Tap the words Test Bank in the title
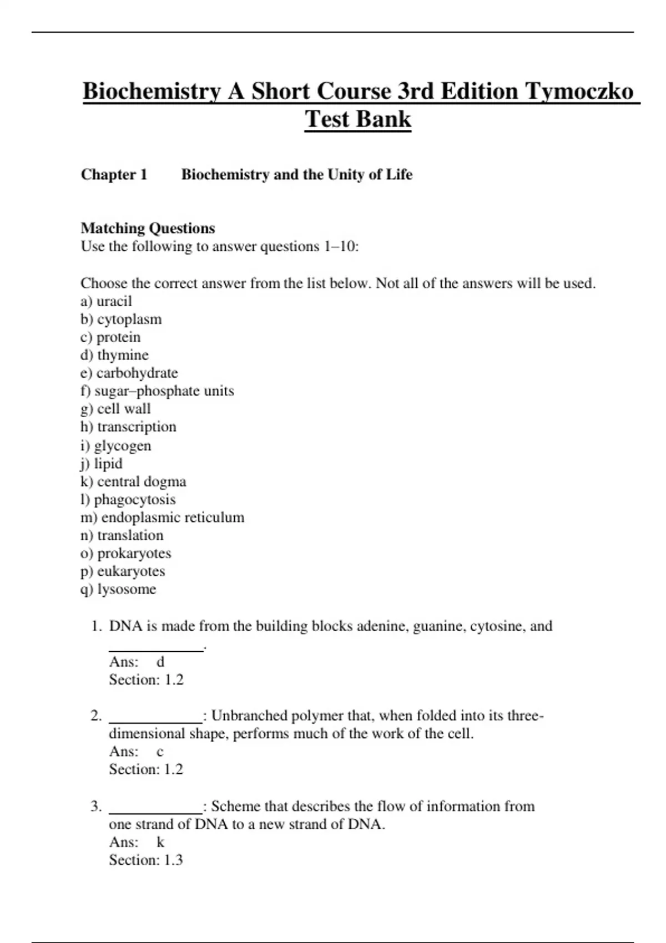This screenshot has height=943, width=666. (x=358, y=119)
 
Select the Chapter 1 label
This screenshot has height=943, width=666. (x=114, y=175)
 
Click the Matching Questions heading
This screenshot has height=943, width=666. (x=148, y=228)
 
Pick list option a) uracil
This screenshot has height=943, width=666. (x=106, y=301)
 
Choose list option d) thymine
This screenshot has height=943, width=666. (x=114, y=355)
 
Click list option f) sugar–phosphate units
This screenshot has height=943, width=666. (x=157, y=391)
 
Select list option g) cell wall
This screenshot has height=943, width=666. (x=115, y=409)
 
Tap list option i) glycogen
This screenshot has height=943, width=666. (x=115, y=445)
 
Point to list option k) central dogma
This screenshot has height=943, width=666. (x=133, y=481)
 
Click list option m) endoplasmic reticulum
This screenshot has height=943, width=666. (x=162, y=518)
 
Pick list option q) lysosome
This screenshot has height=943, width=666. (x=118, y=589)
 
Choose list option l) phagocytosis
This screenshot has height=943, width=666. (x=128, y=499)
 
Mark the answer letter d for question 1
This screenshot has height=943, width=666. (x=160, y=662)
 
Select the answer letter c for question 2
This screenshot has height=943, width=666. (x=160, y=752)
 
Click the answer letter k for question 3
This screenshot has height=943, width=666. (x=160, y=842)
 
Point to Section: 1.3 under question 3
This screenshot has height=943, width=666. (x=146, y=860)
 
